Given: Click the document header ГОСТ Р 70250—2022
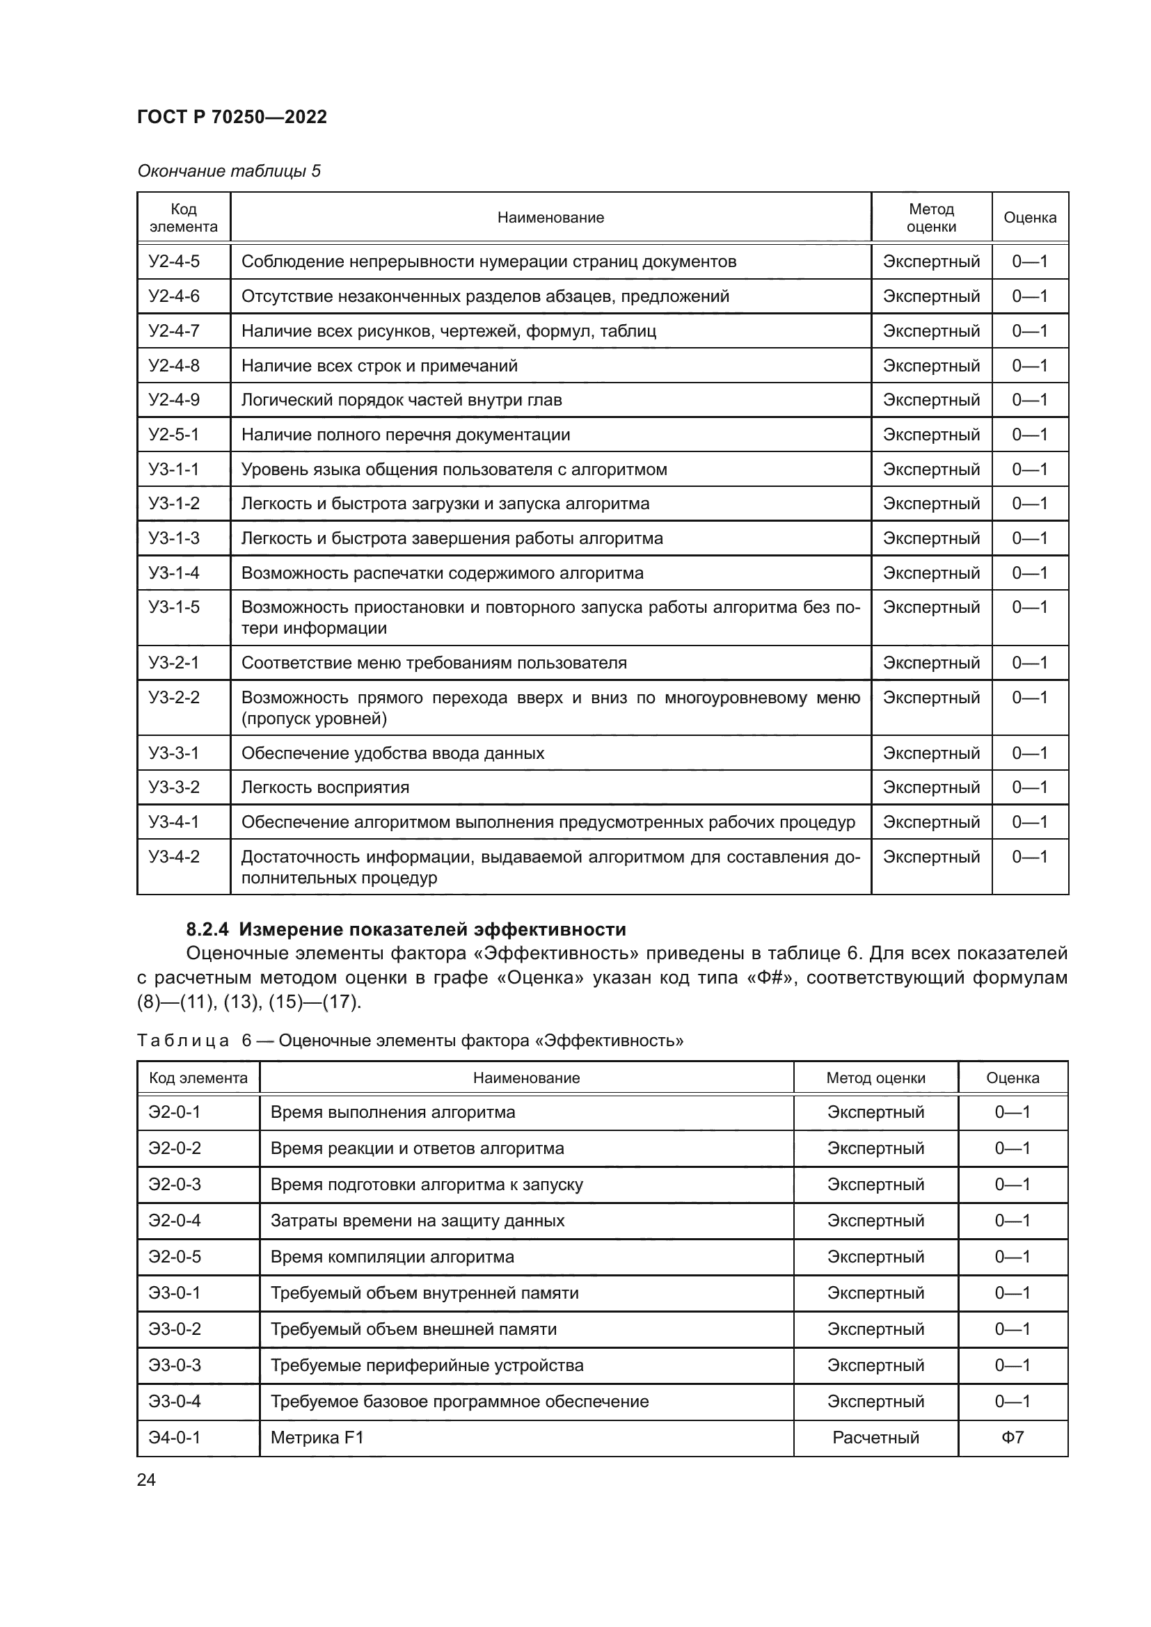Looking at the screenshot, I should point(232,117).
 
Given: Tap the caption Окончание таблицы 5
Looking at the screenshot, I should point(228,171).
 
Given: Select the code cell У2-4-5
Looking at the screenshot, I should point(175,262).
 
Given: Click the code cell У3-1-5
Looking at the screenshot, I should point(175,607).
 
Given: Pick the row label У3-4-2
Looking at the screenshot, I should point(175,857).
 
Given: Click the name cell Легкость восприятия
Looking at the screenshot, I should point(325,787).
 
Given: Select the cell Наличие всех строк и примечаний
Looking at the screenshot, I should point(379,366).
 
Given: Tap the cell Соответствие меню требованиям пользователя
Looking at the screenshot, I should point(434,663).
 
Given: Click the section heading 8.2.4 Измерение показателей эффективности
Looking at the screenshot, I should point(406,929).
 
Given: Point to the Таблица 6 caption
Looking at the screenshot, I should point(410,1040).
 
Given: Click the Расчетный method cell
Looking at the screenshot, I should point(875,1437).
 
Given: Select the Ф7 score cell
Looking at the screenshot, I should point(1012,1437).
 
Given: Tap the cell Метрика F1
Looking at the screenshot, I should point(317,1437).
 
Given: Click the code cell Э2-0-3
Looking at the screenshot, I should point(175,1184).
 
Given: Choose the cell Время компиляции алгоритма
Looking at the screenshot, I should point(392,1256).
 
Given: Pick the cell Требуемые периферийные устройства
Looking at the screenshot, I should point(427,1365).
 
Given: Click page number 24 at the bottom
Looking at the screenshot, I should point(146,1480).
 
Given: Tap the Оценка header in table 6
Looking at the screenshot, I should point(1012,1077).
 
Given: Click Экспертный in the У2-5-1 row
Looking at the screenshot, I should point(930,434).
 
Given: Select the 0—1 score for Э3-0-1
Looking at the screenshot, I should point(1012,1292).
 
